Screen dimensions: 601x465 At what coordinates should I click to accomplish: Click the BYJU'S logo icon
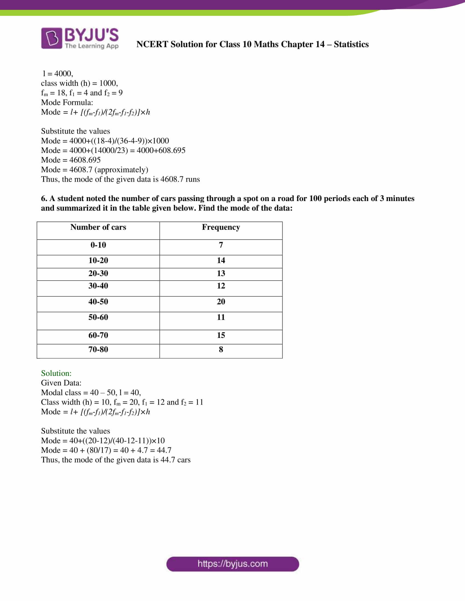51,38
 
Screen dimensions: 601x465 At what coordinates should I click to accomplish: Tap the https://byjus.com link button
233,564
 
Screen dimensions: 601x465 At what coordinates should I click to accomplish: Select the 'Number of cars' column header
98,227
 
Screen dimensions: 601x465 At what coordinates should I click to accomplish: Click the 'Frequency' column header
221,227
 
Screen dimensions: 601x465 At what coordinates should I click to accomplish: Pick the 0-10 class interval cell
98,245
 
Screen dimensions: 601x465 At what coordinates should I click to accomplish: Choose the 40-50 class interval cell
98,302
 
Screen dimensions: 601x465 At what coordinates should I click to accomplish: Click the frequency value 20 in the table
221,302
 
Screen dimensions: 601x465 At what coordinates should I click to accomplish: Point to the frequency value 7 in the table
221,245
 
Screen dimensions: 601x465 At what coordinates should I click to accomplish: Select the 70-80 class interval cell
98,349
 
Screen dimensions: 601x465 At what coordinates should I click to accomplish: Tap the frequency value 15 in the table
221,335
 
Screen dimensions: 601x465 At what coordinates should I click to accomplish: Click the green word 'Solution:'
56,373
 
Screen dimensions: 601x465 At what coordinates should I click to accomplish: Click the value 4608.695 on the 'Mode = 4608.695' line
85,160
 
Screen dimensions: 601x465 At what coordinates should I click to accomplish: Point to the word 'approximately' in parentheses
121,170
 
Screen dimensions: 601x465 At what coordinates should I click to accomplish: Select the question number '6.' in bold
44,198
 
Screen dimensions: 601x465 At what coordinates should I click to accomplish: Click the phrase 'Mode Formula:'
67,102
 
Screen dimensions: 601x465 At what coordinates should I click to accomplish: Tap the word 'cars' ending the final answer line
184,460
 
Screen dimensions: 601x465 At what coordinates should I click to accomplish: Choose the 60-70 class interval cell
98,335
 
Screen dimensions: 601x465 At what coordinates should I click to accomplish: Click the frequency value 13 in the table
221,273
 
